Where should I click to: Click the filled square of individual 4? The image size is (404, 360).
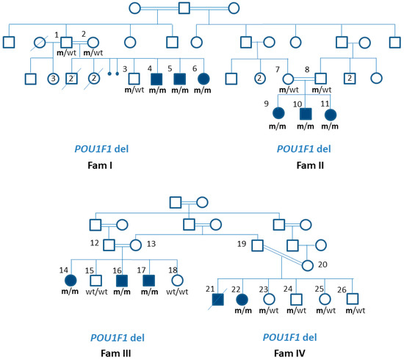pyautogui.click(x=155, y=79)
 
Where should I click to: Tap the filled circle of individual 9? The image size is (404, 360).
pyautogui.click(x=278, y=114)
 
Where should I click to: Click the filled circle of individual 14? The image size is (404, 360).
pyautogui.click(x=70, y=280)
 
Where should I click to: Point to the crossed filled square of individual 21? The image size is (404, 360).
pyautogui.click(x=215, y=299)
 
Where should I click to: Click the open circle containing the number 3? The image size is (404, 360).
pyautogui.click(x=52, y=79)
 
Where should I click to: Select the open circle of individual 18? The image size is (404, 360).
pyautogui.click(x=175, y=280)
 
